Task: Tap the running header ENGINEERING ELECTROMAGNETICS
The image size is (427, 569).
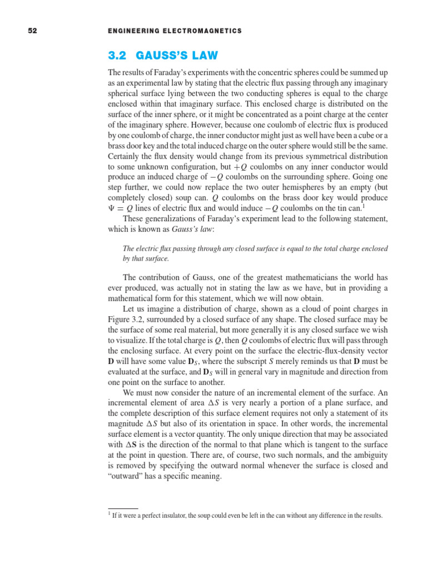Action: tap(176, 31)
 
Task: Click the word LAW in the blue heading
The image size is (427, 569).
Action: tap(202, 56)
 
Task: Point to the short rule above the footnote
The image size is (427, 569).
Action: tap(122, 508)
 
